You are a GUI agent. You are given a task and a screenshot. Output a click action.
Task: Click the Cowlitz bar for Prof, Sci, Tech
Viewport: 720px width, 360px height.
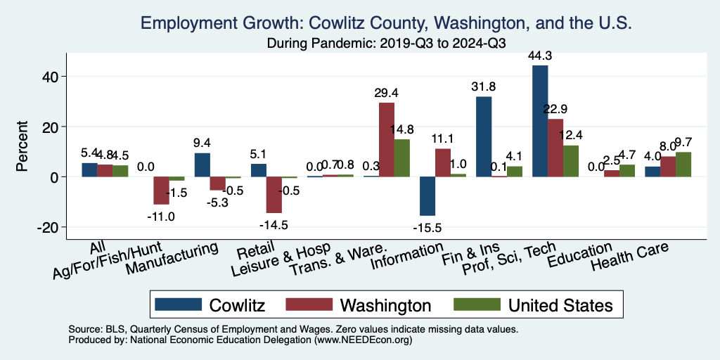(540, 120)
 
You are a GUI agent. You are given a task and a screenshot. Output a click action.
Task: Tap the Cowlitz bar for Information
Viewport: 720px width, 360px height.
(427, 196)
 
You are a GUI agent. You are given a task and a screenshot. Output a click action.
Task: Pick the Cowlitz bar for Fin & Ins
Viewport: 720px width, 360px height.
(484, 136)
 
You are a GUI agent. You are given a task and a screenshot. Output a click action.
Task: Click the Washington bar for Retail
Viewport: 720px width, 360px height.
(274, 195)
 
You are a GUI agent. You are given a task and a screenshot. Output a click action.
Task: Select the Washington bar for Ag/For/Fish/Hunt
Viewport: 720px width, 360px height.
(162, 191)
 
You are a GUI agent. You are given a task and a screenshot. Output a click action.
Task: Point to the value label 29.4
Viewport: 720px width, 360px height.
(387, 93)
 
